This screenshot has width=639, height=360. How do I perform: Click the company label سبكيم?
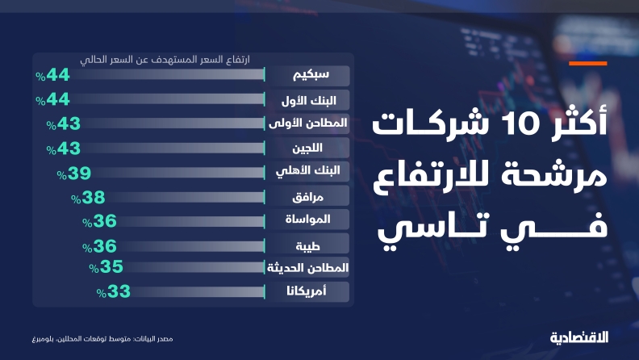click(x=311, y=74)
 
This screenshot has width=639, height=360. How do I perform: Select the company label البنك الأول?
click(x=308, y=100)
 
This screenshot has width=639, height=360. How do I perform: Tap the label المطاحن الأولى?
click(x=307, y=123)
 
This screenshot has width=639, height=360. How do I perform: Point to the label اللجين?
click(x=307, y=148)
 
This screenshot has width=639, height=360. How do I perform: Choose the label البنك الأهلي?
click(x=307, y=171)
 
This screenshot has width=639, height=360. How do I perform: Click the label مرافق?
click(x=307, y=197)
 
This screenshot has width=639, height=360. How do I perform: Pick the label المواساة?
click(x=307, y=219)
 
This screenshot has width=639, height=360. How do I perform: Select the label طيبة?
click(x=307, y=246)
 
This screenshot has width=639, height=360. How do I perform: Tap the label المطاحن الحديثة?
click(x=307, y=268)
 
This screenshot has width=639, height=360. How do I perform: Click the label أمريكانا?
click(x=306, y=291)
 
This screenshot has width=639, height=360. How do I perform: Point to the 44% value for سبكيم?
click(x=52, y=75)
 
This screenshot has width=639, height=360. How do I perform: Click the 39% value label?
click(x=73, y=174)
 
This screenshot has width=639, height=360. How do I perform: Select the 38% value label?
click(x=88, y=198)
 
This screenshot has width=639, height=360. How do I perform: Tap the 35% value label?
click(x=106, y=267)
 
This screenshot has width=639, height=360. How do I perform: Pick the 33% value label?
click(x=113, y=291)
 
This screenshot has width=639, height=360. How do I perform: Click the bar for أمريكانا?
click(x=198, y=291)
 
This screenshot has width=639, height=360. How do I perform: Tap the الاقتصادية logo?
click(x=579, y=337)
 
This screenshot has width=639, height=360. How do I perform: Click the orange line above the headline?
click(x=588, y=64)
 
